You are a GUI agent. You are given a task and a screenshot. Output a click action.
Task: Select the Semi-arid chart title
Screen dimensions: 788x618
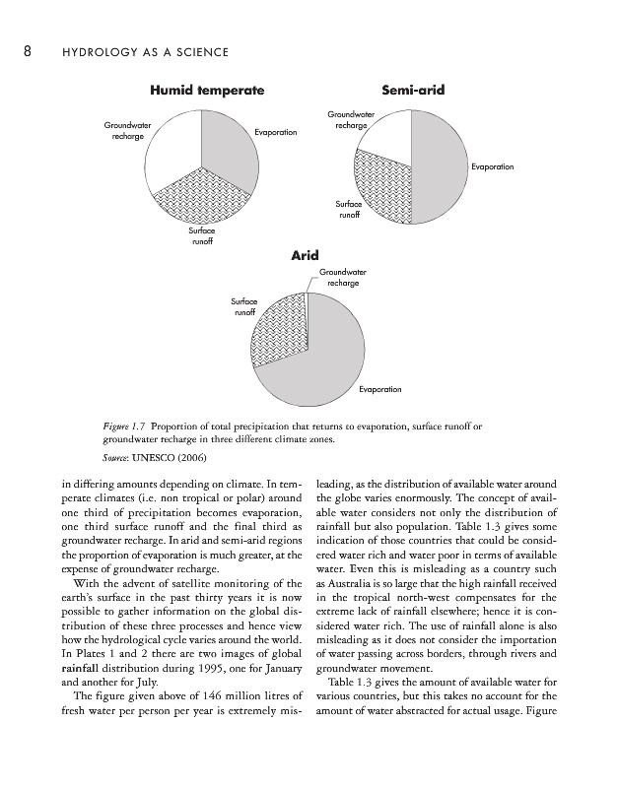coord(412,91)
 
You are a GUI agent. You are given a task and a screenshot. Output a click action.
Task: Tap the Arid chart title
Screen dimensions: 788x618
coord(304,256)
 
